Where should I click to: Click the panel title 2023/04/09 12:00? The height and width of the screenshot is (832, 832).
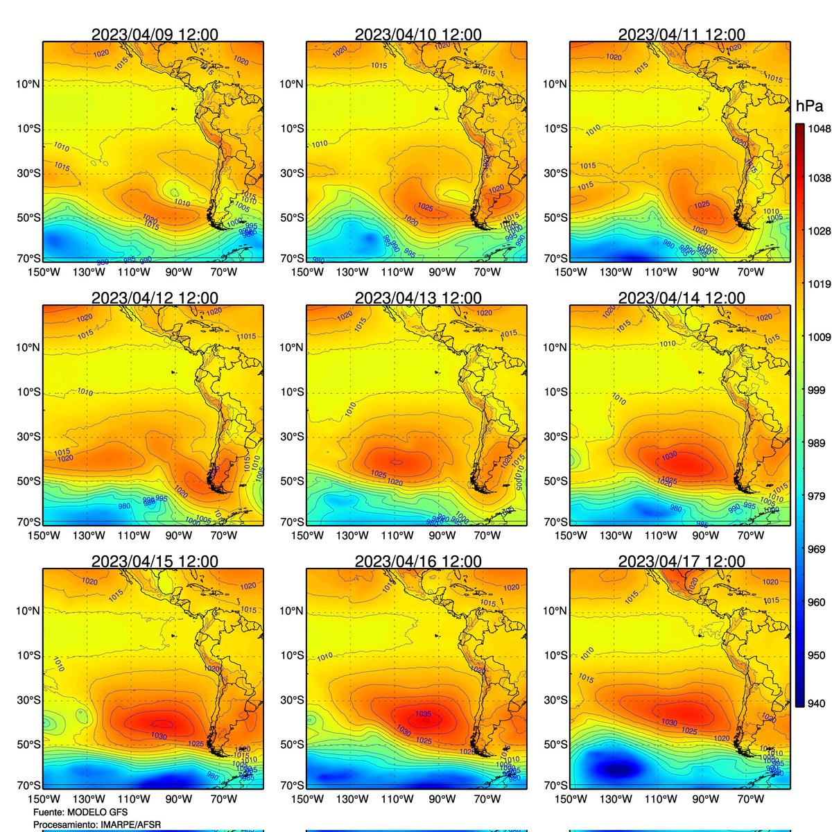click(155, 35)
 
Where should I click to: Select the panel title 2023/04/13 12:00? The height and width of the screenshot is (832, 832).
click(418, 298)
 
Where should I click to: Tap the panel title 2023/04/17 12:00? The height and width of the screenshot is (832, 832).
click(682, 562)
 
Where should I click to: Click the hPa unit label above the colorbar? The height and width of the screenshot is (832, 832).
click(809, 106)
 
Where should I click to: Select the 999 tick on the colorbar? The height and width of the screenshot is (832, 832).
click(816, 390)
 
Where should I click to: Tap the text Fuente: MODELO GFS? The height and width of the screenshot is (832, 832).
click(80, 812)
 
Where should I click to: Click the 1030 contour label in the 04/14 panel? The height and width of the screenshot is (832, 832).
click(669, 455)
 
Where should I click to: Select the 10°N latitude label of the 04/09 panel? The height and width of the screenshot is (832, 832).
click(28, 84)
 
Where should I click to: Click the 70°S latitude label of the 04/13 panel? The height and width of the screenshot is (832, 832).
click(291, 521)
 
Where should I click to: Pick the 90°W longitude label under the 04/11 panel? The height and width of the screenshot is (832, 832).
click(705, 272)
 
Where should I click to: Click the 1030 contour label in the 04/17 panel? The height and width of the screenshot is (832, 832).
click(669, 722)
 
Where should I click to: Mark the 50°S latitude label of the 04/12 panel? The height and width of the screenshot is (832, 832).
click(28, 481)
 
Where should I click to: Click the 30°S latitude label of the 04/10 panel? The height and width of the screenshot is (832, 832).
click(291, 173)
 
